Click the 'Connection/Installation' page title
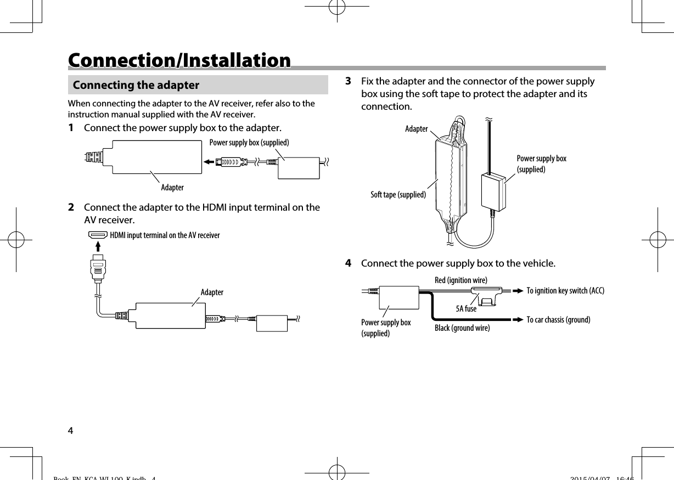tap(179, 60)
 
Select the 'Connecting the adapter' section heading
tap(136, 85)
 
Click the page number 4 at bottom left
tap(70, 429)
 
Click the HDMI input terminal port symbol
tap(98, 235)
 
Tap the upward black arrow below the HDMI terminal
tap(98, 248)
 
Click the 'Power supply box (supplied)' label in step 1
tap(249, 143)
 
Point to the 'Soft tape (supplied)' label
tap(398, 195)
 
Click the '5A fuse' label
tap(466, 309)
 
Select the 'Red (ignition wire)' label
tap(460, 280)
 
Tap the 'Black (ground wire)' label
tap(462, 328)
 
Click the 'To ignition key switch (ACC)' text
tap(565, 291)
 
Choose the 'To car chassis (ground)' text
tap(558, 319)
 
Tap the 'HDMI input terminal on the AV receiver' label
tap(165, 235)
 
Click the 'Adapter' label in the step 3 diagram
tap(416, 129)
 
